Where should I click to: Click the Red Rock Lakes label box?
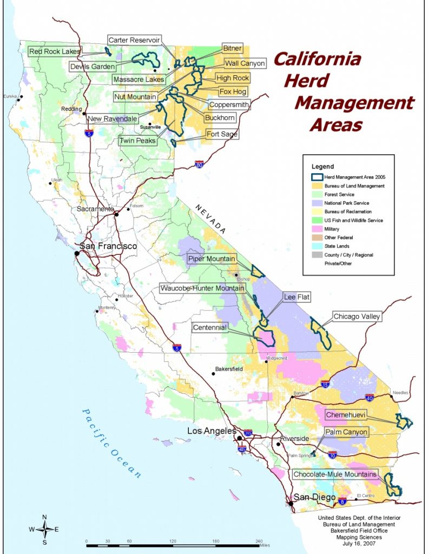[55, 51]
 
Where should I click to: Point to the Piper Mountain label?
[212, 259]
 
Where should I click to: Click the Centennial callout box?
[209, 328]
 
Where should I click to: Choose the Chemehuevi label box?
[346, 415]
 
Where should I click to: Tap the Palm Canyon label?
[346, 432]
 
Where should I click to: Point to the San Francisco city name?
[108, 246]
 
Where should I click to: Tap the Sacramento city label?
[95, 209]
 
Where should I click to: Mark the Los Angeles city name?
[212, 431]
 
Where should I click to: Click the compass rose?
[45, 529]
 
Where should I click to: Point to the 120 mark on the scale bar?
[173, 541]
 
